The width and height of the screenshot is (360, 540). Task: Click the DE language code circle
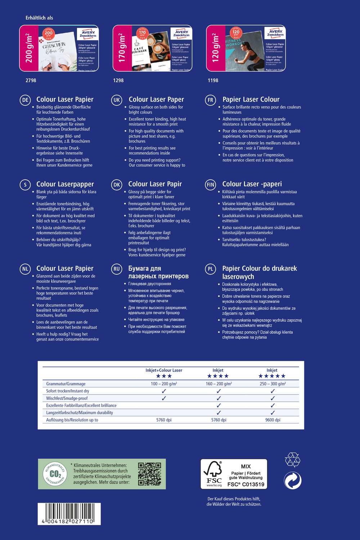point(25,100)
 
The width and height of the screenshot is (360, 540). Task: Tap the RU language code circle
point(117,269)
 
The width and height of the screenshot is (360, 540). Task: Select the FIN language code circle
point(210,185)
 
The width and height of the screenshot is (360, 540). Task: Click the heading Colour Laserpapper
point(65,184)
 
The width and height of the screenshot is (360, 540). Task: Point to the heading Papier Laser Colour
point(251,100)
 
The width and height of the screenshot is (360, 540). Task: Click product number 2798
point(31,80)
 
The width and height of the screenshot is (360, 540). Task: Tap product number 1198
point(213,80)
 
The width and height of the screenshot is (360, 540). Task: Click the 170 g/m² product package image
point(152,48)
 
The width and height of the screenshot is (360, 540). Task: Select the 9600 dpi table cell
point(273,420)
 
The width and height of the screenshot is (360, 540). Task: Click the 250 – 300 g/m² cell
point(273,384)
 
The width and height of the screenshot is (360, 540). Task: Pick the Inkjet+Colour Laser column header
point(164,370)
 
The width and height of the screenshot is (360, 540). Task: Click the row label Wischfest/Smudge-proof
point(67,398)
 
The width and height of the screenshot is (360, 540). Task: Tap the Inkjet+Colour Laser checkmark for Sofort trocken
point(164,391)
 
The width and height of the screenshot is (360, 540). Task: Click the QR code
point(149,474)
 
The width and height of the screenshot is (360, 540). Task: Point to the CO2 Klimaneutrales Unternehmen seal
point(55,474)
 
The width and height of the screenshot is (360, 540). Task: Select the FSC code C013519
point(246,485)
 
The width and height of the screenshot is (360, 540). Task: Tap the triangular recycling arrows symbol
point(292,460)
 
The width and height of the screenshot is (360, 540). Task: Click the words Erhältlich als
point(39,18)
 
